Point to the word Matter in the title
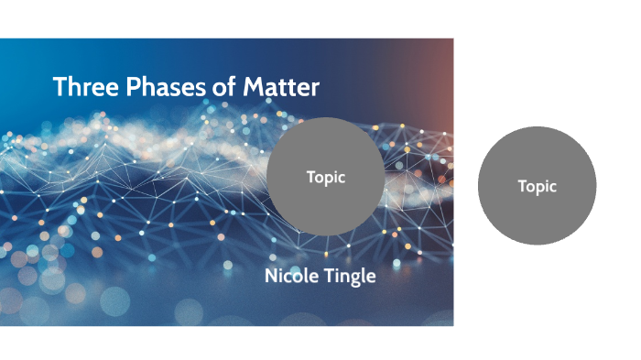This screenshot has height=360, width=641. [x=281, y=87]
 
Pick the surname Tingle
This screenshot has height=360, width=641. [x=350, y=277]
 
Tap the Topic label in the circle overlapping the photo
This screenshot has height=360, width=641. [x=326, y=178]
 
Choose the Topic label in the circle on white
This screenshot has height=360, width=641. [x=538, y=186]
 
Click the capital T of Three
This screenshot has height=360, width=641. [x=59, y=87]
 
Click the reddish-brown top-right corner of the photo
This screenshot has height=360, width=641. [x=443, y=49]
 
